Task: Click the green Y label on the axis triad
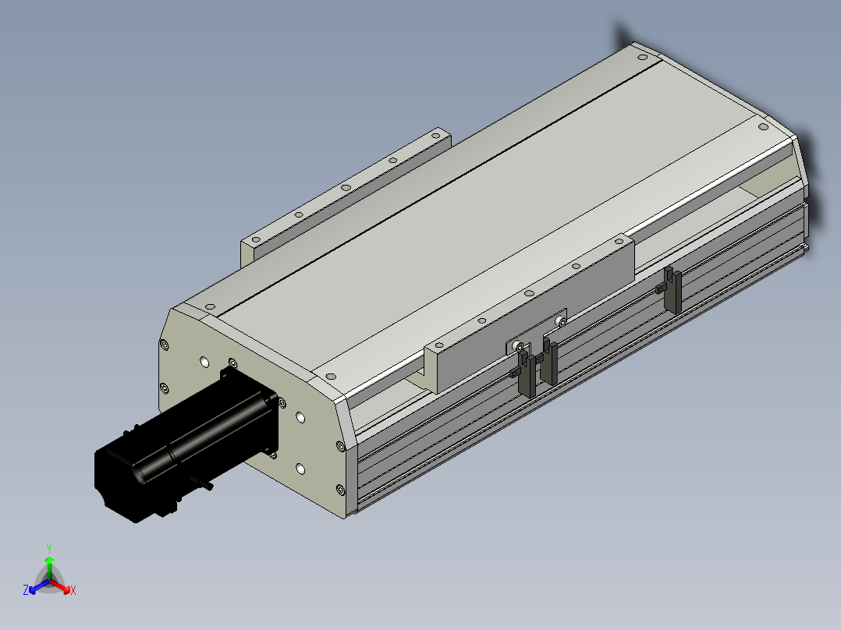(x=48, y=548)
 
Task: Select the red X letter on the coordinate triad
(x=73, y=591)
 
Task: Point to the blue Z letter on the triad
(x=26, y=591)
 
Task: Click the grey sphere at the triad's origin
(x=49, y=579)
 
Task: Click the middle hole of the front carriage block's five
(x=528, y=292)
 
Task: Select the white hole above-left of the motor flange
(x=204, y=362)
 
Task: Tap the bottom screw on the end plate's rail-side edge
(x=340, y=489)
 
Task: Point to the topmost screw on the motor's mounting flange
(x=232, y=362)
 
